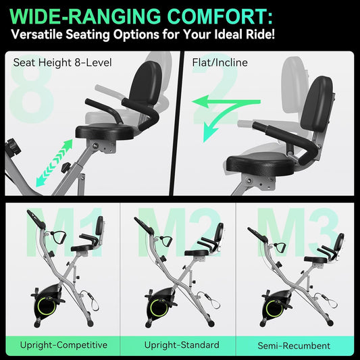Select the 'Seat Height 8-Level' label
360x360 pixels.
61,63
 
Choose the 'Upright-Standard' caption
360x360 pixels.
182,344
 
